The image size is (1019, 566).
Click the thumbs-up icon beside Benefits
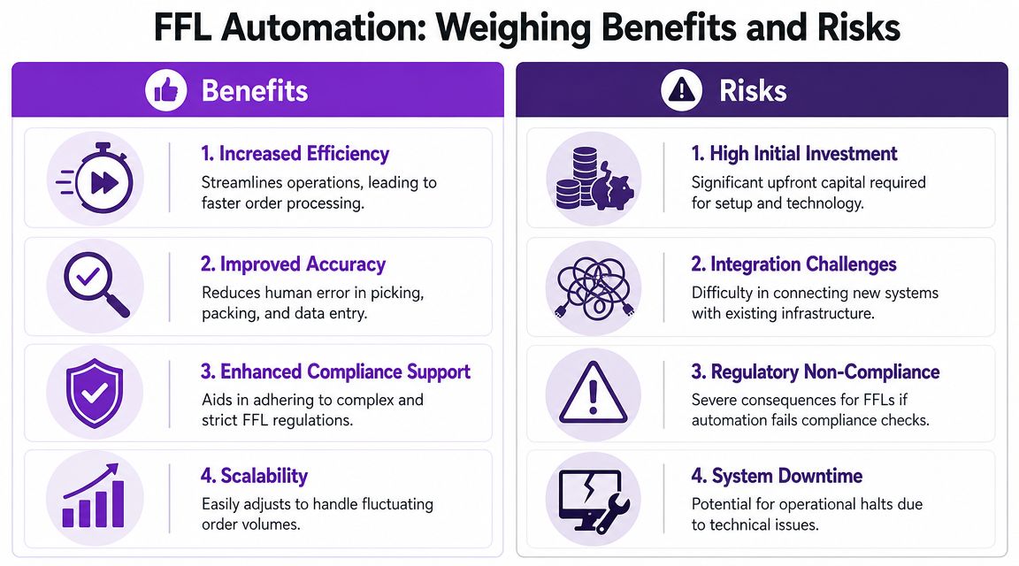pos(165,89)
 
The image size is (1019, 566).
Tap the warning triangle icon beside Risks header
pos(682,89)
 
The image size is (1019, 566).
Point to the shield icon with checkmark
pos(95,394)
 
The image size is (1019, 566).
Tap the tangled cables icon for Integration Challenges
pos(594,288)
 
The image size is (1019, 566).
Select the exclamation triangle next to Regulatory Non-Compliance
pos(593,393)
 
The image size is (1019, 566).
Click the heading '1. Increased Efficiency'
pos(295,153)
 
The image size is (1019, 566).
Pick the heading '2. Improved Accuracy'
pos(293,264)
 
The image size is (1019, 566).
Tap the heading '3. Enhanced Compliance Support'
pos(335,371)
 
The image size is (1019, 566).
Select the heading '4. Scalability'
pos(254,476)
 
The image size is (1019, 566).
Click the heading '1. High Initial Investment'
pos(794,153)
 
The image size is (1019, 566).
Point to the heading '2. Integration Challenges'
pos(793,264)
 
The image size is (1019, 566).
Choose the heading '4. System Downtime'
pos(777,476)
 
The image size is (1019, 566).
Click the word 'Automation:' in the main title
pos(323,27)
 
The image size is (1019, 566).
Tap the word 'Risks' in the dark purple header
pos(753,90)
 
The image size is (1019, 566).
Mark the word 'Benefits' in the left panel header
pos(255,90)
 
